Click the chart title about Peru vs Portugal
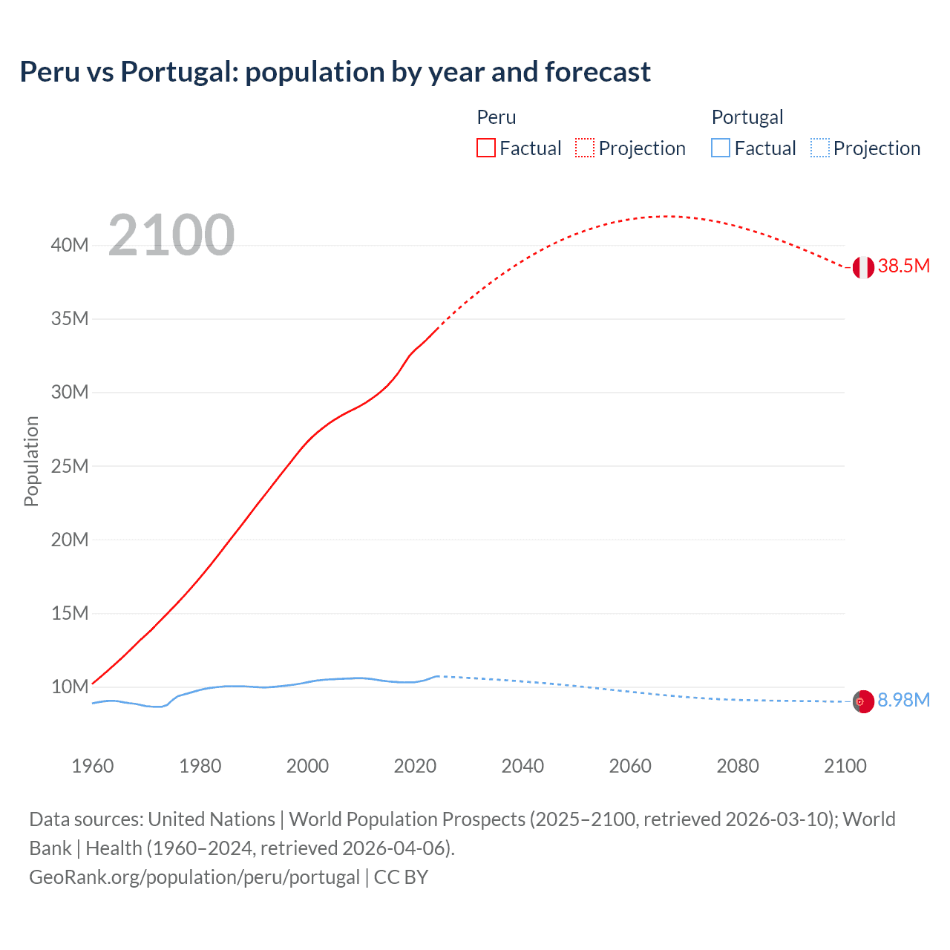click(335, 72)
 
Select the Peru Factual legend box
click(485, 148)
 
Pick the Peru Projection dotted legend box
click(585, 148)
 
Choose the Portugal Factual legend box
click(721, 148)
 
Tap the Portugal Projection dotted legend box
click(819, 148)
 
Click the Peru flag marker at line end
click(863, 267)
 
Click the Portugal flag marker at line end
click(863, 701)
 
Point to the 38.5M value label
click(903, 266)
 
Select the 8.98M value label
click(903, 700)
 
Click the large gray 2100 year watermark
click(171, 235)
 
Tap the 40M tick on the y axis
click(70, 245)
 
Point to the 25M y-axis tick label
click(70, 466)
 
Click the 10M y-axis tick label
click(70, 687)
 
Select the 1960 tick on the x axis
click(93, 766)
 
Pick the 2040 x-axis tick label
click(522, 766)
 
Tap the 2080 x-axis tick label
click(738, 766)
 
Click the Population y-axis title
click(31, 461)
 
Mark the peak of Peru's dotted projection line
click(668, 216)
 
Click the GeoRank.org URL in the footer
click(194, 877)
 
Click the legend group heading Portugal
click(747, 117)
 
